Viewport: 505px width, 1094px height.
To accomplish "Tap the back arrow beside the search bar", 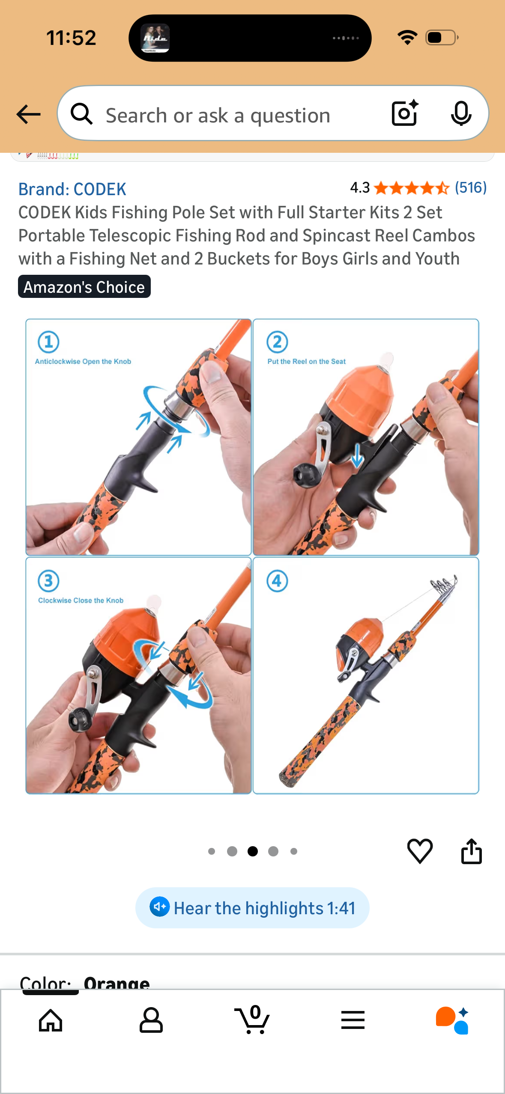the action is pos(28,114).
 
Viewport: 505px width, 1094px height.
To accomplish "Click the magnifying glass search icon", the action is pos(82,114).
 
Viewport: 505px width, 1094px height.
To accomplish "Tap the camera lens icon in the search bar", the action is pos(405,113).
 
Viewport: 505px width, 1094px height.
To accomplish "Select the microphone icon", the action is pos(461,113).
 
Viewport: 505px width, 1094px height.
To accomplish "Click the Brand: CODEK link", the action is pos(72,189).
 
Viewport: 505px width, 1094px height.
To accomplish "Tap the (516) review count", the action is pos(471,187).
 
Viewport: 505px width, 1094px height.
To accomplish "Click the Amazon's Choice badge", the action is pos(84,286).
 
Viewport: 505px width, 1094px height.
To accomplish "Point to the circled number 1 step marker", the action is pos(48,342).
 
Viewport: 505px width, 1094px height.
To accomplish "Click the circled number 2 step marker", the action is pos(277,342).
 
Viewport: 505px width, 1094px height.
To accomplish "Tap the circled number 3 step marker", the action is pos(48,581).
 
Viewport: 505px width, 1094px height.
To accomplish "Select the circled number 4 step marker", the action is pos(277,581).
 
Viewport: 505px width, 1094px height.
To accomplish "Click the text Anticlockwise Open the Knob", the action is pos(83,361).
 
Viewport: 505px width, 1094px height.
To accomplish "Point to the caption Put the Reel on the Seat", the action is pos(307,361).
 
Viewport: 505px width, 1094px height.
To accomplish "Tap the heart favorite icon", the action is pos(420,851).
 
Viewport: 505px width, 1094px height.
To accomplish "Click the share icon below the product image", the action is pos(472,851).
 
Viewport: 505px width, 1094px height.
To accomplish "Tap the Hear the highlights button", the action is pos(252,907).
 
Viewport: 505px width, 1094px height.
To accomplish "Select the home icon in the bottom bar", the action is pos(51,1020).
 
